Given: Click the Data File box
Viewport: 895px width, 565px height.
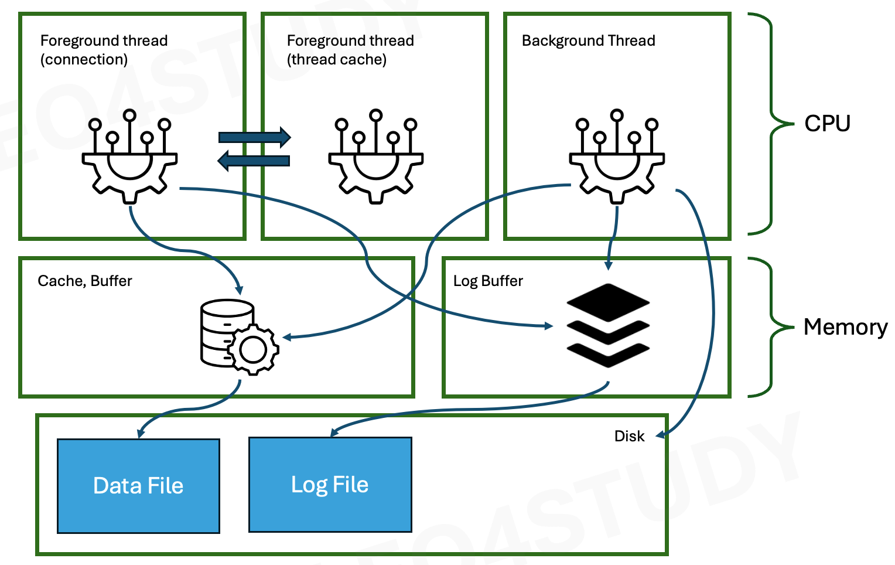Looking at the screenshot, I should (138, 486).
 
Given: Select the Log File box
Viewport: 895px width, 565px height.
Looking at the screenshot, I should (330, 485).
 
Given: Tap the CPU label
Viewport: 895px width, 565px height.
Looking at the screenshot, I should (827, 123).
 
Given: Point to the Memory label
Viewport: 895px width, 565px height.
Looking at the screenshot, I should (845, 327).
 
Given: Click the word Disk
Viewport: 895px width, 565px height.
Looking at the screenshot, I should (629, 436).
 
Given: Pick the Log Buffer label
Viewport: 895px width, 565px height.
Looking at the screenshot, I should (488, 281).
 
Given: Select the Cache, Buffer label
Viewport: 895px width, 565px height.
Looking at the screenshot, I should (85, 281).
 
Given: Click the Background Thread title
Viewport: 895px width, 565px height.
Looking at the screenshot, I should (588, 40).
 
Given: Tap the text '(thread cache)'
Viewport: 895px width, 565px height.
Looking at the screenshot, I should (337, 60).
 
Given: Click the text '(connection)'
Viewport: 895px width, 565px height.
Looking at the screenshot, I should (84, 60).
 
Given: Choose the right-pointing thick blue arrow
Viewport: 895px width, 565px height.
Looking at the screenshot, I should (255, 137).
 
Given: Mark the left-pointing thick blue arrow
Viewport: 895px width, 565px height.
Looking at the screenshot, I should (253, 161).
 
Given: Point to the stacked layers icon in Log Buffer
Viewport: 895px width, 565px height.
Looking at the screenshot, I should (608, 326).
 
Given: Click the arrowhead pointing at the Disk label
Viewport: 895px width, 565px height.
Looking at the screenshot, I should (660, 435).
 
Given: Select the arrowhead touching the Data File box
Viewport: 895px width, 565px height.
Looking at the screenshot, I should (141, 434).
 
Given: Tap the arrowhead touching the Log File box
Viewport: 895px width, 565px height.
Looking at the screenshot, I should (334, 433).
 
